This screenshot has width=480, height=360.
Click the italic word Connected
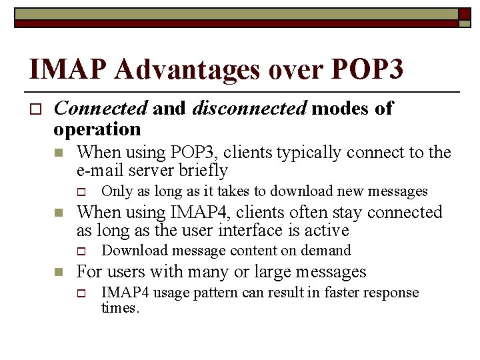(x=100, y=108)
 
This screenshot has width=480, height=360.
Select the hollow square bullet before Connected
(x=36, y=109)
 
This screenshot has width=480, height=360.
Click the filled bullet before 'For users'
(x=59, y=272)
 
